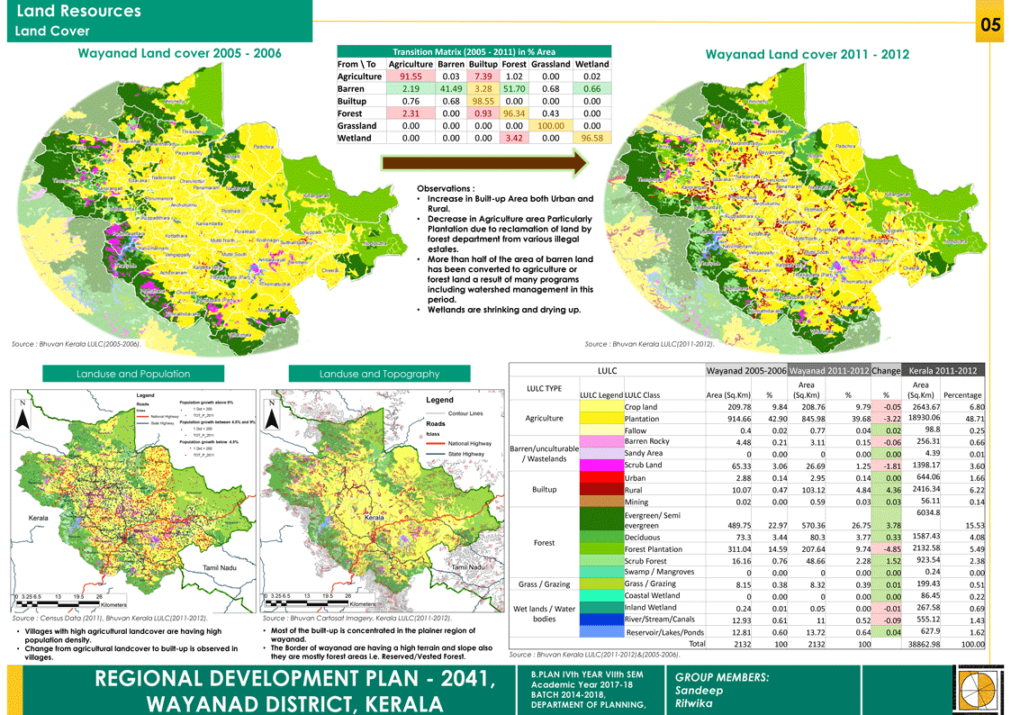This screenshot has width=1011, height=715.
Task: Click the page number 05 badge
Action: click(x=990, y=25)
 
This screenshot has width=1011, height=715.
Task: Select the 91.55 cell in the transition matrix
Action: click(x=400, y=77)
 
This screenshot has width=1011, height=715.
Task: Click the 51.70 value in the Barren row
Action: click(x=514, y=90)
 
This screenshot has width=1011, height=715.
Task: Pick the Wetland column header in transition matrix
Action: click(x=592, y=64)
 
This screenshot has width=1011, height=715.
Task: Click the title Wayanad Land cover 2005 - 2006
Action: click(x=179, y=54)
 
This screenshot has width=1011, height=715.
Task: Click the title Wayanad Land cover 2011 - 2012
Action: click(x=807, y=55)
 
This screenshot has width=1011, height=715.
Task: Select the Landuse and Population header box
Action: click(x=133, y=374)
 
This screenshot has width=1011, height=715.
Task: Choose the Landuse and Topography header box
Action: click(x=379, y=374)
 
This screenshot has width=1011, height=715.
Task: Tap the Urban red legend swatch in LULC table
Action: click(x=600, y=477)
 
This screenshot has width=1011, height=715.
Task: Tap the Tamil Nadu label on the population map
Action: click(x=220, y=568)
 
